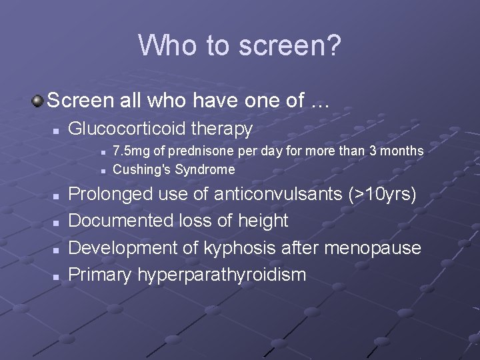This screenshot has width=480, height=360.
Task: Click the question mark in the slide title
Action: pos(333,45)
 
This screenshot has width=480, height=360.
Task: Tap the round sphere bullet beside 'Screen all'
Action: pos(38,101)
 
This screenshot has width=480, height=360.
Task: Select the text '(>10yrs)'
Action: pos(383,194)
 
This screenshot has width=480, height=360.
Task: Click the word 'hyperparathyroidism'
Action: pos(222,275)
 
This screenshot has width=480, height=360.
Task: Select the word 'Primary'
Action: pos(101,275)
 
